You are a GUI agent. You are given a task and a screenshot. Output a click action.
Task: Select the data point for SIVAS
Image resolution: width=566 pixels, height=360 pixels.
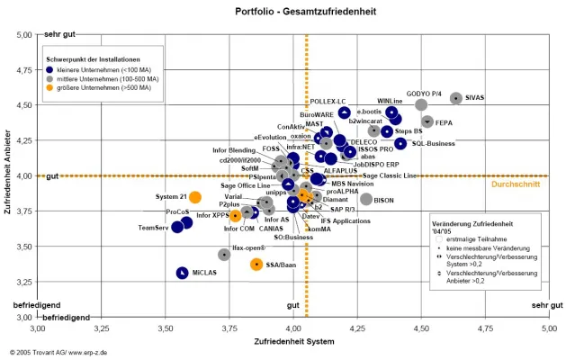point(456,98)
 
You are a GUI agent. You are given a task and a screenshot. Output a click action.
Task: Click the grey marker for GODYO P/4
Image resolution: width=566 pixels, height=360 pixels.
point(421,104)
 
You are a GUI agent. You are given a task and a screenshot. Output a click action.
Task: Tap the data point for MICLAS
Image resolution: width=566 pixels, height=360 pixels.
point(182,272)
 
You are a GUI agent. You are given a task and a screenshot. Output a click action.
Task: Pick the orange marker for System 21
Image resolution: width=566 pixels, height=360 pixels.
point(195,197)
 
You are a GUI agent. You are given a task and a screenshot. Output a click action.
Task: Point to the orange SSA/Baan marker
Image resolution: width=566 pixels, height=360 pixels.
point(256,264)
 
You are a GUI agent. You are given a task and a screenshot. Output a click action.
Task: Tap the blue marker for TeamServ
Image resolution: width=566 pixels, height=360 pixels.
point(177,227)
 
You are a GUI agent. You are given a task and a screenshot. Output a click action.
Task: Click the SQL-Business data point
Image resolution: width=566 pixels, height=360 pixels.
point(400,143)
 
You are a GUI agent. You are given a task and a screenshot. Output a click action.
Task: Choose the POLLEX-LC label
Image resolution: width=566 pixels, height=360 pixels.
point(328,102)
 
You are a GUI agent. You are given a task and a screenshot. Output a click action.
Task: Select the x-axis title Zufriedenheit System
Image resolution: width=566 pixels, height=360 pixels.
point(292,342)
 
